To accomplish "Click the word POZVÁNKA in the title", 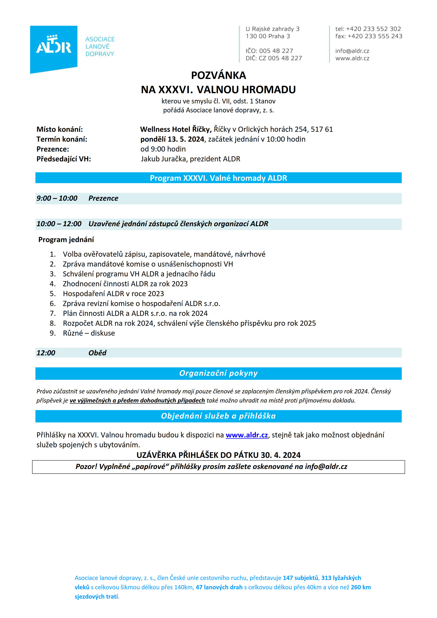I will pos(218,76).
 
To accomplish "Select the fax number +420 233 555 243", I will pos(375,36).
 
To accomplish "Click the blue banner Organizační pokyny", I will pos(218,373).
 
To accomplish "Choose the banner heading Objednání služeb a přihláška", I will pos(218,416).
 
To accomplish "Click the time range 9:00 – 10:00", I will pos(57,198).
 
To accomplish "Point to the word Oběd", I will pos(97,353).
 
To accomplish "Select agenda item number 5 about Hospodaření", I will pos(113,294).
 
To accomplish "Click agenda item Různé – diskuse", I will pos(89,333).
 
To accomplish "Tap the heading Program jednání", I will pos(66,240).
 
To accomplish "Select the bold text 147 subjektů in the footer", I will pos(300,578).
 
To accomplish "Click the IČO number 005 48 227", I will pos(276,51).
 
